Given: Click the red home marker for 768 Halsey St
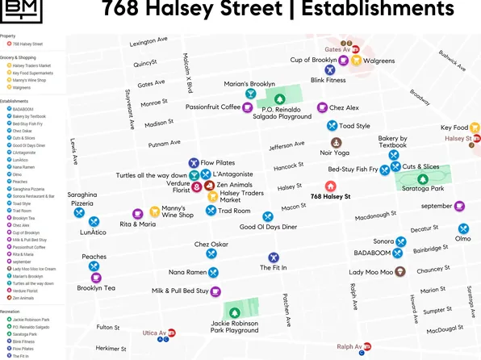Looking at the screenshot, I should point(331,186).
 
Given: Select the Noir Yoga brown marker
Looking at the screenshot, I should point(325,142).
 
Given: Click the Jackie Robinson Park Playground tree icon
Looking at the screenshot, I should point(235,312).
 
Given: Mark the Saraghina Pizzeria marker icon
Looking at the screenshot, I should point(79,214).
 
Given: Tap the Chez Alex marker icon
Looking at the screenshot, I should point(322,107).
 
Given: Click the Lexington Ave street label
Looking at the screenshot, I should point(148,41).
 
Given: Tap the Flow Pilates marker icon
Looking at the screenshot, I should point(194,163).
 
